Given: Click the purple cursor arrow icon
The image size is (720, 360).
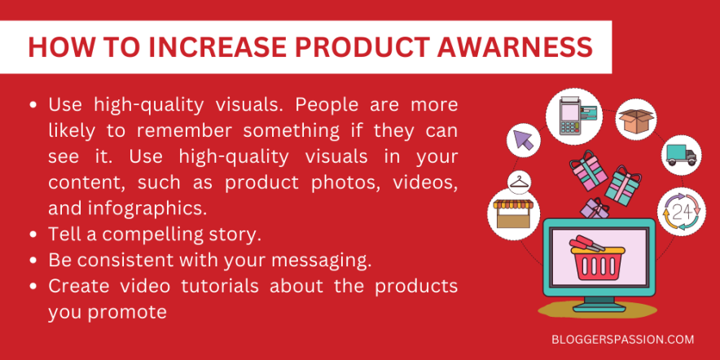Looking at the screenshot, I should pos(523,140).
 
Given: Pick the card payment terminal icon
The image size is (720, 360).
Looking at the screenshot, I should pos(577,116).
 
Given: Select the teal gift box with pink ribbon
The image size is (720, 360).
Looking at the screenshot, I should pos(626,183).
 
